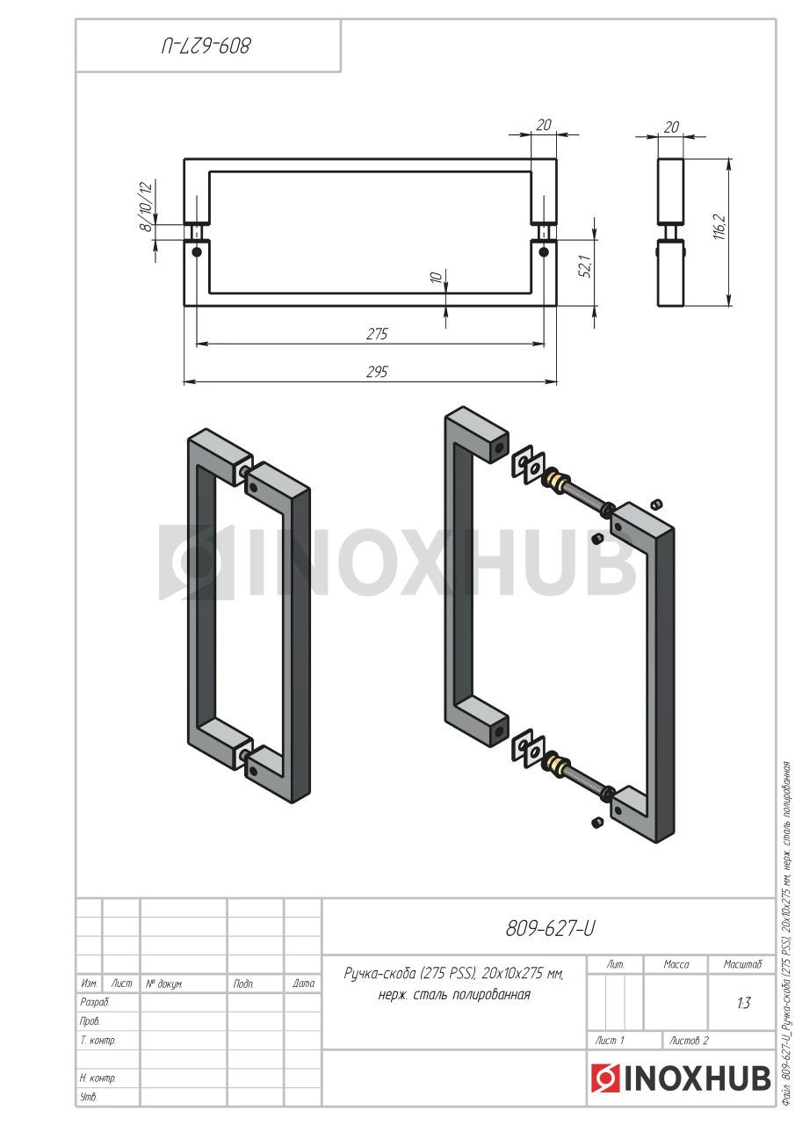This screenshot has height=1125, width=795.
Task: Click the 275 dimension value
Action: (x=377, y=334)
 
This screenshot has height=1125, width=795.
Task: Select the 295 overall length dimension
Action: (x=377, y=372)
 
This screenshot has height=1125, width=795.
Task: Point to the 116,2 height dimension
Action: (x=719, y=227)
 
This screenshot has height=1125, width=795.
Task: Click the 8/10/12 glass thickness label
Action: (x=145, y=207)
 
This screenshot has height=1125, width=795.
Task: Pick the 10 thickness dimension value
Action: (x=437, y=277)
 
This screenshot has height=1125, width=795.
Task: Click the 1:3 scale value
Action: (x=744, y=1003)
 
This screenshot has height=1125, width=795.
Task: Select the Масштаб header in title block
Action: (x=742, y=964)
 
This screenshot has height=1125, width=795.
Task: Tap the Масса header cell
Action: (x=676, y=964)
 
